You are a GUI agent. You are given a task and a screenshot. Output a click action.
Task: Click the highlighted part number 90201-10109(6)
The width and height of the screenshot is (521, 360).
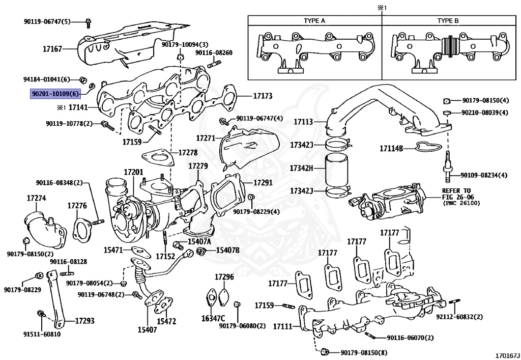click(55, 94)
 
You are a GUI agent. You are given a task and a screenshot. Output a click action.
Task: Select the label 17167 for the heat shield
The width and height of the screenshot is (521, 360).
click(52, 49)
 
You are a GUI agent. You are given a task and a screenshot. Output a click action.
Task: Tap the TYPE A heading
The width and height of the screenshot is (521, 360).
click(314, 21)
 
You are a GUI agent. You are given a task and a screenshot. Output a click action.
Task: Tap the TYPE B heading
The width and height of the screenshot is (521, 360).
click(448, 21)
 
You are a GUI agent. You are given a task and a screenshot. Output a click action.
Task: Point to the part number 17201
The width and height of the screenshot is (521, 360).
click(134, 173)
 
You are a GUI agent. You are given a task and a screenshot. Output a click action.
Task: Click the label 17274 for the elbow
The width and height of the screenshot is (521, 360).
click(37, 198)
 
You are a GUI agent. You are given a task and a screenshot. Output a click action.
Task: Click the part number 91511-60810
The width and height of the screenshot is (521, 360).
click(42, 335)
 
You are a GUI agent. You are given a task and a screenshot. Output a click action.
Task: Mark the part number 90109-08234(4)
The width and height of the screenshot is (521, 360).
click(484, 175)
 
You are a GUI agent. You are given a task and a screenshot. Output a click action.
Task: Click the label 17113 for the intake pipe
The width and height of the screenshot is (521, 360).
click(304, 122)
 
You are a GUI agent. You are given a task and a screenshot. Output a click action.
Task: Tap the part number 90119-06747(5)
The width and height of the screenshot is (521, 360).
click(47, 21)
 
